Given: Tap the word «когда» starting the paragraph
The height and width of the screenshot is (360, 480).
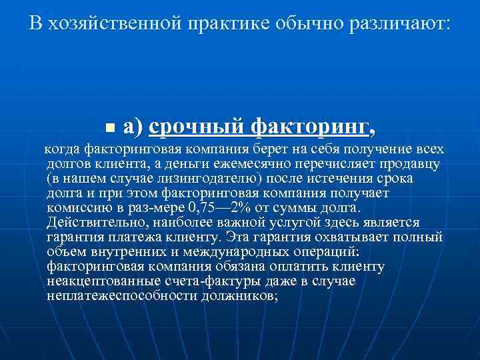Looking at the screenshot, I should (63, 148).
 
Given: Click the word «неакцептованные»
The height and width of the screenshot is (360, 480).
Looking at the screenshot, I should (97, 281).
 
